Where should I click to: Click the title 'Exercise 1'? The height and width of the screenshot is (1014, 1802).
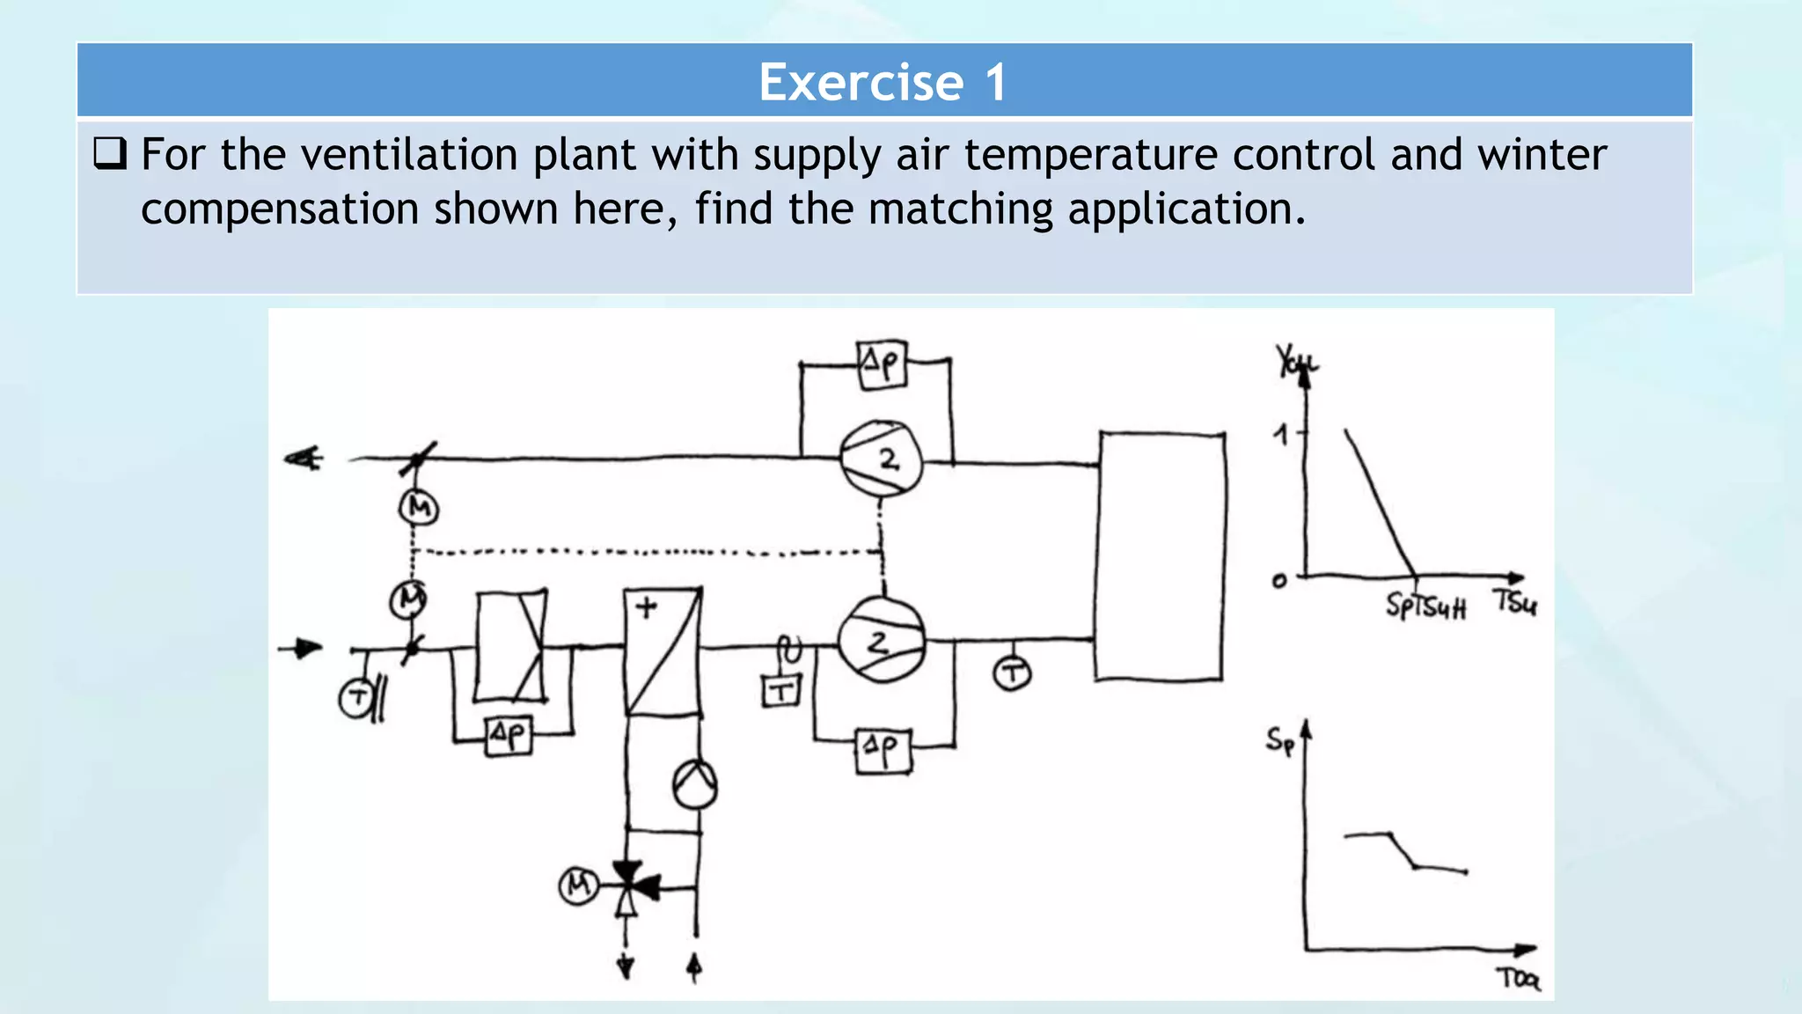(883, 83)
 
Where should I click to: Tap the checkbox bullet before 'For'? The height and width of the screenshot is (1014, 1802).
(110, 154)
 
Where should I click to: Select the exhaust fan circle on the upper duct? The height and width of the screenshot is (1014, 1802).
(881, 459)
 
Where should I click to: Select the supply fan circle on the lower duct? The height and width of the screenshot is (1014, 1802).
(881, 641)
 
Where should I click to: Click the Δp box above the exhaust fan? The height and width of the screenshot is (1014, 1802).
(881, 364)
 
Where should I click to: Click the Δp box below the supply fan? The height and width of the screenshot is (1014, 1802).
(883, 751)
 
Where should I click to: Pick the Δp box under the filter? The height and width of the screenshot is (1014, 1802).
(509, 735)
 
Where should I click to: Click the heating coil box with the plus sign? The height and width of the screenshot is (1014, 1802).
(663, 651)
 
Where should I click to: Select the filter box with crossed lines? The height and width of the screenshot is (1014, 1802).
(510, 647)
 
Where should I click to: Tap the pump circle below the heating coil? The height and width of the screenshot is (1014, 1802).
(694, 784)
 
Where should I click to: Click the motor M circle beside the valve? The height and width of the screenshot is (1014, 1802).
(578, 885)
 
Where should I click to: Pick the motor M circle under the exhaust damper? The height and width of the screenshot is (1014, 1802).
(419, 508)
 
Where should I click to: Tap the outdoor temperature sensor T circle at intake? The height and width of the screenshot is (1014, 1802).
(355, 699)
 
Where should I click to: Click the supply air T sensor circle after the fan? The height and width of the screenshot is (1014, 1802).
(1012, 674)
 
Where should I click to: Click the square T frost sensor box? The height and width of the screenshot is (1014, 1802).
(780, 691)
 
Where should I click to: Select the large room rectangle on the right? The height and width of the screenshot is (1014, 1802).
(1161, 556)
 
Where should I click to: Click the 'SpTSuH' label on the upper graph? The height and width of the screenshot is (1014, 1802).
(1425, 606)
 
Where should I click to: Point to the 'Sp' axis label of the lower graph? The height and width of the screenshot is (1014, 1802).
(1279, 740)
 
